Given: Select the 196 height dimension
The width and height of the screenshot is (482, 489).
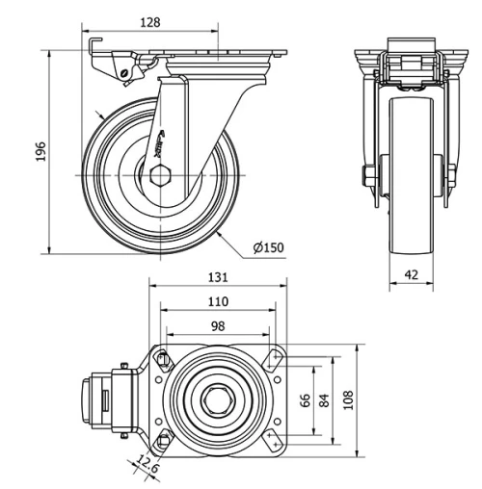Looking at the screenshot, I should (40, 152).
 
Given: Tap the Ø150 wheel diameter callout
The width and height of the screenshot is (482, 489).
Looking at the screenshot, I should (268, 248).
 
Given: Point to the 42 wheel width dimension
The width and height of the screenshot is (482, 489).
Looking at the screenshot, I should (411, 274).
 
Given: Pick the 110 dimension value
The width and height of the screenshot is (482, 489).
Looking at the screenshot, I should (218, 301).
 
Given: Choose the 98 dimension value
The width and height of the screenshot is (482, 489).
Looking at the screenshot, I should (218, 326).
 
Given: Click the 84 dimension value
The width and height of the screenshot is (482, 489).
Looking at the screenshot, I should (325, 400).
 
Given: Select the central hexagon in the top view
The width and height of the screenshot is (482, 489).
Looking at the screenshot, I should (218, 399).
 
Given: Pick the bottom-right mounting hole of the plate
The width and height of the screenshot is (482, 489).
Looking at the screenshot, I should (276, 441).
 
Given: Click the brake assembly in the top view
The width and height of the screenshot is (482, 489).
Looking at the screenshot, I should (106, 400).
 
